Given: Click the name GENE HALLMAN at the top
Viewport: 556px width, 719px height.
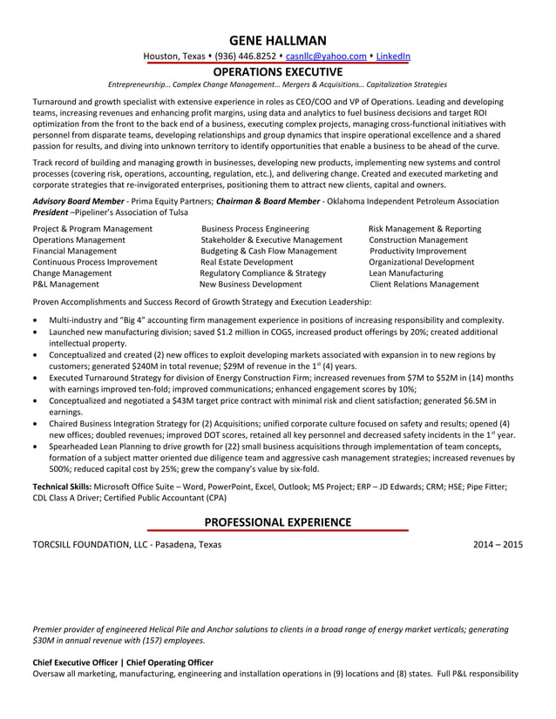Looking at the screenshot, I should click(278, 40).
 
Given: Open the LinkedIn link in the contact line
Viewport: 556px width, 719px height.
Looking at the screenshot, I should click(393, 57).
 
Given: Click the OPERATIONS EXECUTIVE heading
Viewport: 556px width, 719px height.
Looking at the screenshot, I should click(278, 71).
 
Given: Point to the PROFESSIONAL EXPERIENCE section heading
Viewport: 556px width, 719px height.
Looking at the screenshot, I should click(278, 522).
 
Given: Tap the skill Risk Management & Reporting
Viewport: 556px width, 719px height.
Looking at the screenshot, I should click(424, 228).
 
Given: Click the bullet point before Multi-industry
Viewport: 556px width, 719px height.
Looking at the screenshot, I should click(35, 321).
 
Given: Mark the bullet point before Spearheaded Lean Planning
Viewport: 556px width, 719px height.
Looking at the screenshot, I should click(35, 446).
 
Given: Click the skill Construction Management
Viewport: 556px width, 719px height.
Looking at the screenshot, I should click(418, 239).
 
